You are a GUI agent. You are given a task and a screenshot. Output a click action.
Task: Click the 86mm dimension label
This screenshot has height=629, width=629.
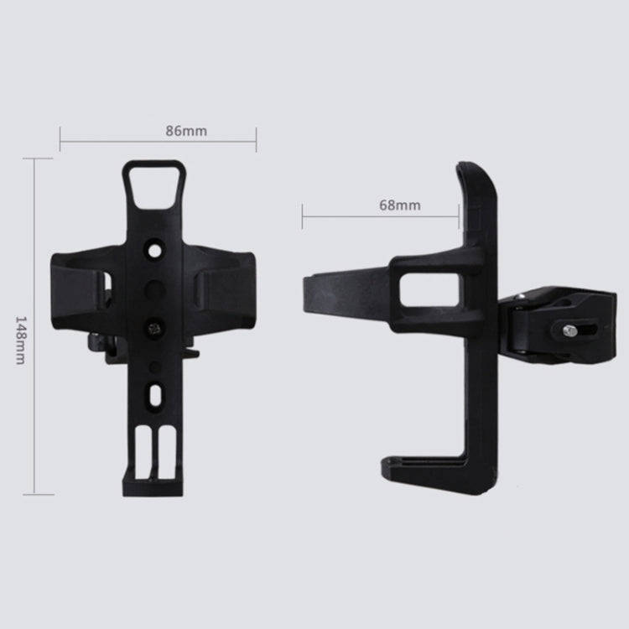pos(186,130)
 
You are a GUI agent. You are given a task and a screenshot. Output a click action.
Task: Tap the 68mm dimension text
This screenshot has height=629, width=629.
pos(400,205)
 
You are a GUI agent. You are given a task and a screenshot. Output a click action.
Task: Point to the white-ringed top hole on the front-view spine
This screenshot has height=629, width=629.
pos(153,251)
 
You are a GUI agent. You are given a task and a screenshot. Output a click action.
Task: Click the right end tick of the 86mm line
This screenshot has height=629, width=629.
pos(257,140)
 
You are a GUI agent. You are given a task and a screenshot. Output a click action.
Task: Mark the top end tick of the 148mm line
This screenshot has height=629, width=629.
pos(34,159)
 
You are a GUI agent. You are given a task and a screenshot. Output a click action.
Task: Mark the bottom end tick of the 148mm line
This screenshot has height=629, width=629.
pos(34,495)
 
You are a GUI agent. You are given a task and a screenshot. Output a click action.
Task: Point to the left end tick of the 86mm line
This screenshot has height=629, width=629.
pos(60,140)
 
